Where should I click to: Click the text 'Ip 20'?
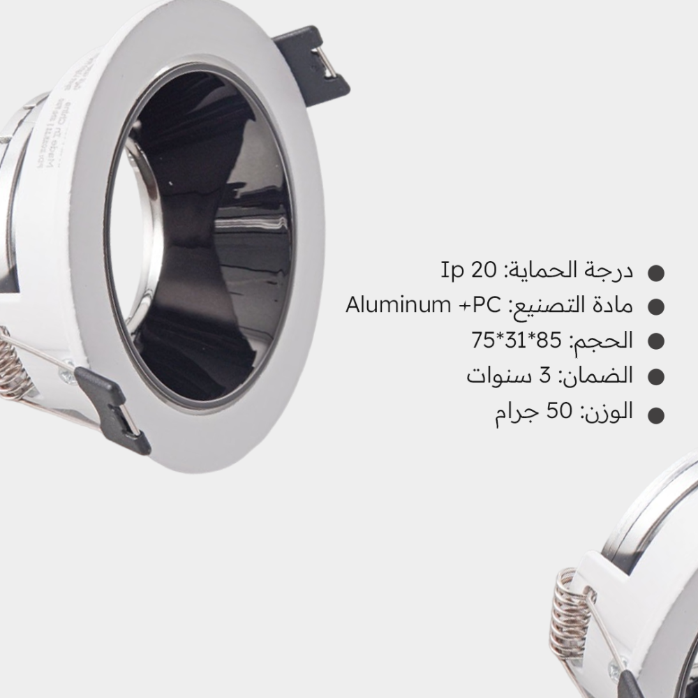click(468, 269)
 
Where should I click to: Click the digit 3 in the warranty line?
click(545, 376)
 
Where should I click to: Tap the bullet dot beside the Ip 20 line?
click(656, 273)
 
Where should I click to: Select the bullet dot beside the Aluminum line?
click(656, 306)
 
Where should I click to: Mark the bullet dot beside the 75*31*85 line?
click(656, 341)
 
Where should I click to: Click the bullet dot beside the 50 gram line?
click(656, 415)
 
